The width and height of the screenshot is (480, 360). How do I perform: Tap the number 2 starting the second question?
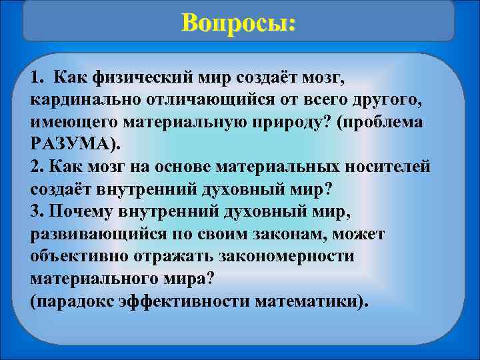coord(35,167)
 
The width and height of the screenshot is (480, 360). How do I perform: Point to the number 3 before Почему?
coord(35,211)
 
